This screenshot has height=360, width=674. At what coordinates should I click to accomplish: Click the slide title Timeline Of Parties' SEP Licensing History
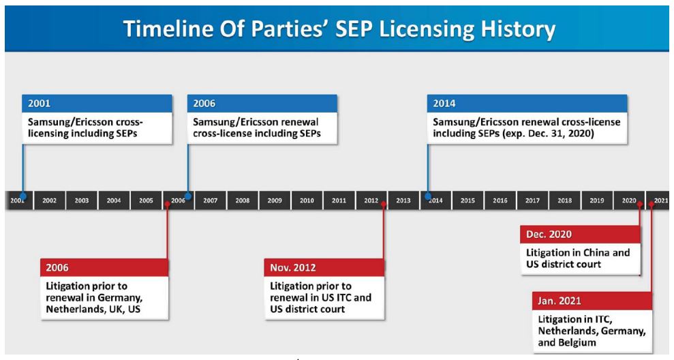(x=339, y=29)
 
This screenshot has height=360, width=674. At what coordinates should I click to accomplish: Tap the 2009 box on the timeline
(x=275, y=200)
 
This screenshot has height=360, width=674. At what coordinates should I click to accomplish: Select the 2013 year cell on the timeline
(x=403, y=200)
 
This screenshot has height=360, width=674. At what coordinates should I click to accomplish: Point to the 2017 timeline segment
(x=532, y=200)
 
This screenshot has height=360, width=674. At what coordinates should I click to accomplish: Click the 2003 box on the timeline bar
(x=82, y=200)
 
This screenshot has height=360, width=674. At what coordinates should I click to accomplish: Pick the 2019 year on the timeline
(x=596, y=200)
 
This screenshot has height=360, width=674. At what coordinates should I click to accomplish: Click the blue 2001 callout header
(x=97, y=103)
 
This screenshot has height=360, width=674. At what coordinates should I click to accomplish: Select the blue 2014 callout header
(x=527, y=103)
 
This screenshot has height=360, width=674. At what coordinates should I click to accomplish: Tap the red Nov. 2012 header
(x=324, y=267)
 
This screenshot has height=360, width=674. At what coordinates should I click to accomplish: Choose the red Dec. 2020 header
(x=580, y=234)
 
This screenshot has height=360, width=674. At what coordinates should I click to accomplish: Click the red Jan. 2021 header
(x=592, y=301)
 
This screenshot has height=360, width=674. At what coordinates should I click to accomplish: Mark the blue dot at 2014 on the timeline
(x=428, y=196)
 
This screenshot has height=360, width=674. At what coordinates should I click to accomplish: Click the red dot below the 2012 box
(x=384, y=204)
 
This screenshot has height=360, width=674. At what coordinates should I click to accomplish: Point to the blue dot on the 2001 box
(x=23, y=196)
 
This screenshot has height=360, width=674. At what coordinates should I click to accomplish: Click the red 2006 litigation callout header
(x=104, y=267)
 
